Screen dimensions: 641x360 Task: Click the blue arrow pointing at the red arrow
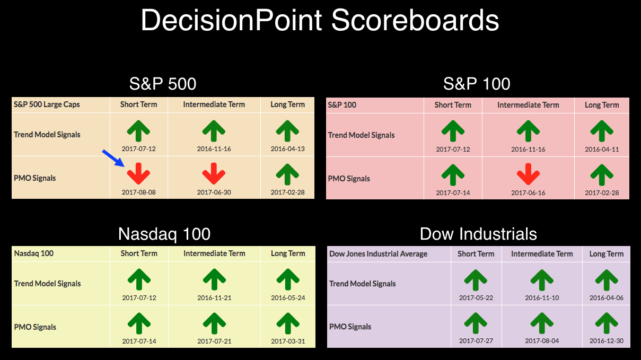(113, 158)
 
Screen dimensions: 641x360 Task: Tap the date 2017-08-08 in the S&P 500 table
(139, 192)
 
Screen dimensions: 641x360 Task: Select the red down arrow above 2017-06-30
(214, 173)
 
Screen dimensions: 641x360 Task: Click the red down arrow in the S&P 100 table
(528, 174)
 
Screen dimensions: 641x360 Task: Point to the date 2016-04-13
(287, 149)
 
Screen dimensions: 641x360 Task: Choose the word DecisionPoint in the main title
(232, 20)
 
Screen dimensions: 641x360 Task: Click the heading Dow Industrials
(478, 234)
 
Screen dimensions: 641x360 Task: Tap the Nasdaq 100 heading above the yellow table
(164, 234)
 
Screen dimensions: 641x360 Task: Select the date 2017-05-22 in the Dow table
(476, 298)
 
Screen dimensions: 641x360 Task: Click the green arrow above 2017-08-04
(542, 323)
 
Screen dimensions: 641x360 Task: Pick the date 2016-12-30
(607, 341)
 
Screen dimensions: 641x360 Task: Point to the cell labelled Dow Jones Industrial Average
(379, 254)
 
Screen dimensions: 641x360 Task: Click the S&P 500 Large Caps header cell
(47, 104)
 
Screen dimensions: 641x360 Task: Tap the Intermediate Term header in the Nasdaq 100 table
(214, 253)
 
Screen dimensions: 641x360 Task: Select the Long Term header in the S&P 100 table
(602, 105)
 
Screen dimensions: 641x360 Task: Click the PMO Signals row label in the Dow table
(350, 327)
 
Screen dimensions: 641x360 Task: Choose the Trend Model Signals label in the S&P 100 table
(361, 135)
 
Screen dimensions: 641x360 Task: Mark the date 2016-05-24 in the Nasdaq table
(288, 298)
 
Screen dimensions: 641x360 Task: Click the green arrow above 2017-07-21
(214, 323)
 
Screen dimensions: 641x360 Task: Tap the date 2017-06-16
(528, 193)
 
